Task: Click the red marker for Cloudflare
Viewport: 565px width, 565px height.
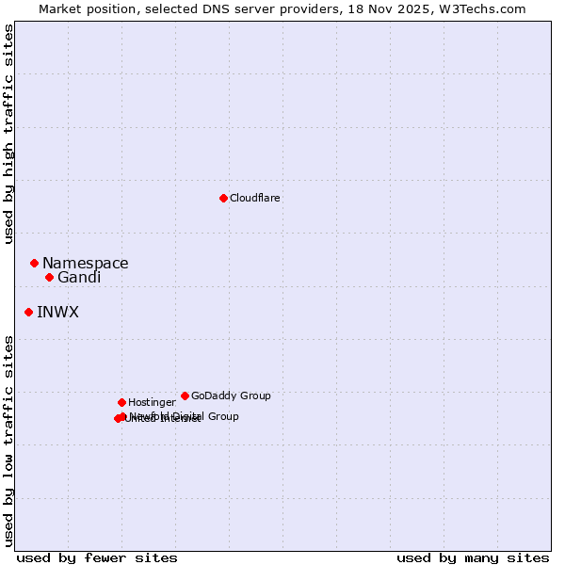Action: (223, 198)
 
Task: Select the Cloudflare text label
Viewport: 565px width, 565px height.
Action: (254, 198)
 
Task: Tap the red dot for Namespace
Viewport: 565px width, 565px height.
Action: (34, 263)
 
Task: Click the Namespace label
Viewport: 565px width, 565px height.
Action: (85, 264)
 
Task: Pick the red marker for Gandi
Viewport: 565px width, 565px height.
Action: (49, 277)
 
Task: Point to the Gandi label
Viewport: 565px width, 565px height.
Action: (79, 278)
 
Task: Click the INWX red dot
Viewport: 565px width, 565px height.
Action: (28, 312)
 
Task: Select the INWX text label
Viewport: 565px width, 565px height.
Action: (57, 313)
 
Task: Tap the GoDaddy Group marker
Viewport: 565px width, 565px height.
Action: (185, 395)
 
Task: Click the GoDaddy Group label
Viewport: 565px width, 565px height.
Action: (231, 395)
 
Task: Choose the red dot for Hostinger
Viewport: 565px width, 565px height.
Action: (121, 402)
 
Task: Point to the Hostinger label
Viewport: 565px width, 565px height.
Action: (152, 402)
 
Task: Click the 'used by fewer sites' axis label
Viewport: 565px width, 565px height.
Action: (97, 557)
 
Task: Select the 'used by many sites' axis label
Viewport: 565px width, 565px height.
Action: (473, 557)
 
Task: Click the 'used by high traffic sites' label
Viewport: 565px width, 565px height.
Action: (8, 134)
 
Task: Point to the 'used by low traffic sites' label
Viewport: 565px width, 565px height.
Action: (8, 441)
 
